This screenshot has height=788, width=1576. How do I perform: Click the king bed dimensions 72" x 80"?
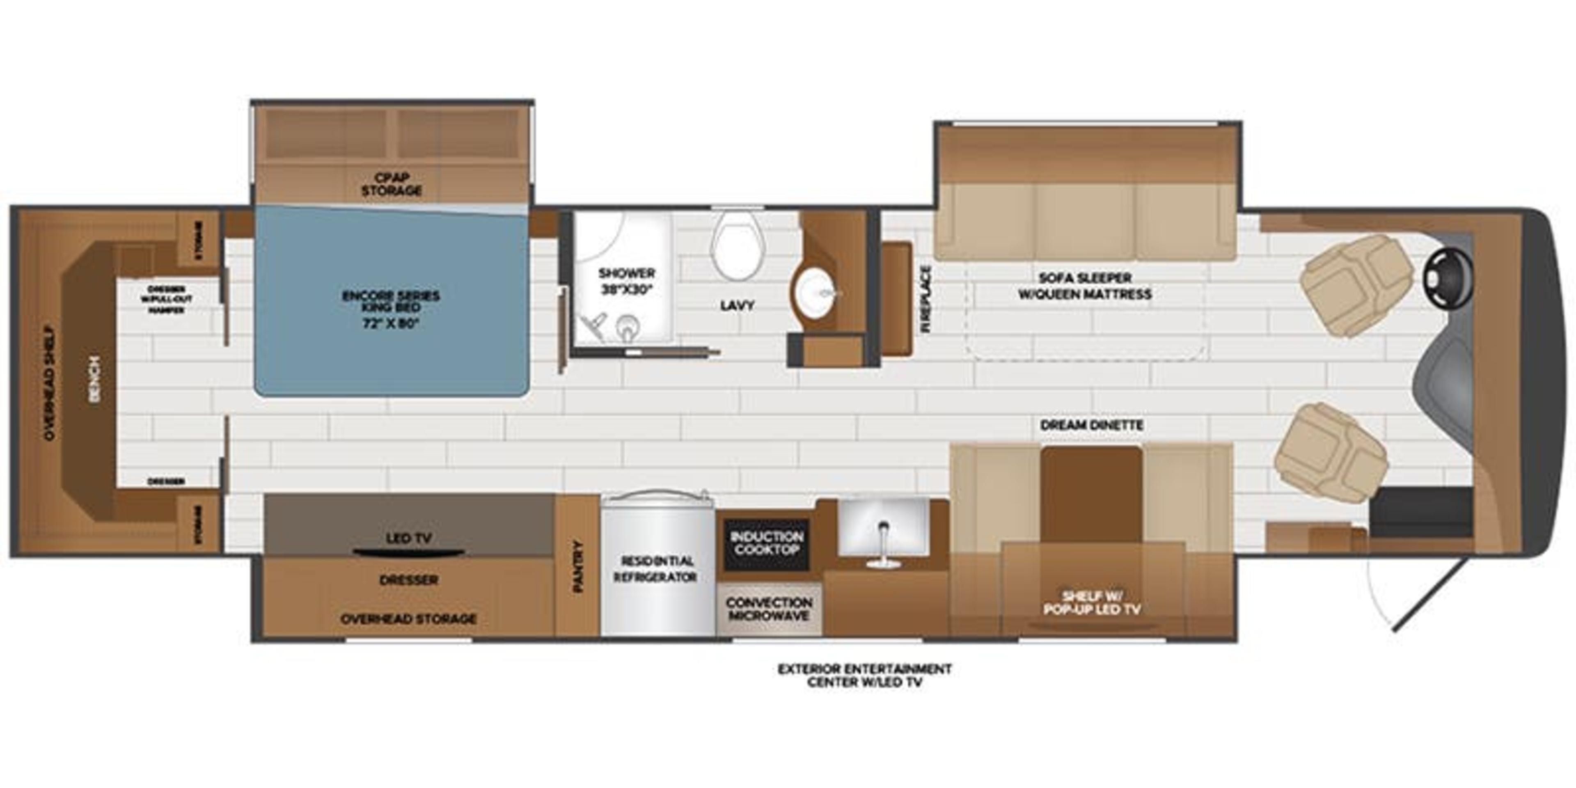[x=392, y=323]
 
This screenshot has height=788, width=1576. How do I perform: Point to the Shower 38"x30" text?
[x=626, y=282]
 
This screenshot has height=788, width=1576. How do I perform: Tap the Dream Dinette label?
[x=1091, y=425]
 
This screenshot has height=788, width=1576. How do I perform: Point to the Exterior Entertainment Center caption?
[x=864, y=676]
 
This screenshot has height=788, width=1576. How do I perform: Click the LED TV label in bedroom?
[x=409, y=538]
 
